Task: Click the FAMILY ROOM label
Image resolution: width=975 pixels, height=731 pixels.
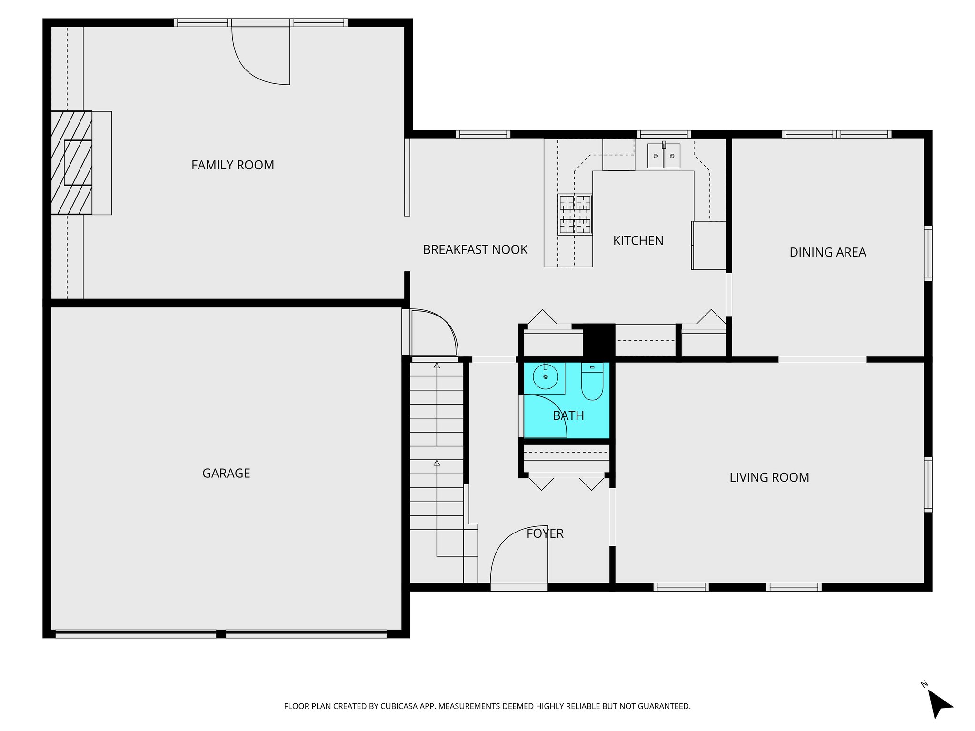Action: (x=232, y=165)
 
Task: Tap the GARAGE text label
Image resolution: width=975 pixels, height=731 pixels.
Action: (x=226, y=473)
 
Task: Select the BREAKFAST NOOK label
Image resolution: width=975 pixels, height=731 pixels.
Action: (x=475, y=250)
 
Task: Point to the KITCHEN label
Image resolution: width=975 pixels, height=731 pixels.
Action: (x=638, y=241)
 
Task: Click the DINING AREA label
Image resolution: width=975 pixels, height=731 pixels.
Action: (x=827, y=252)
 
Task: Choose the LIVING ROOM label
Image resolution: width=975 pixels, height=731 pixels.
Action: (x=769, y=477)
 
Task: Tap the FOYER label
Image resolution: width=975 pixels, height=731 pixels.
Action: (x=545, y=533)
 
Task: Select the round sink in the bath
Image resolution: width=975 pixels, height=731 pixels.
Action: (x=545, y=377)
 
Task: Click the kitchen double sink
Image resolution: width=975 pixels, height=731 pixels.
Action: (x=664, y=156)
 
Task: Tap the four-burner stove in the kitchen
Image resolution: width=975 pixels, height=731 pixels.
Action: (x=575, y=214)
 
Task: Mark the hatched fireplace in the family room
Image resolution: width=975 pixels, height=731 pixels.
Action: (x=71, y=163)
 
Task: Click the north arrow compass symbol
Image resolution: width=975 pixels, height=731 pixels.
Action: (x=938, y=703)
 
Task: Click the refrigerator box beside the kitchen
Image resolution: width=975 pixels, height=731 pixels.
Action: (x=709, y=245)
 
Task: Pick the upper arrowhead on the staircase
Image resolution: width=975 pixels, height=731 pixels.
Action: (x=437, y=365)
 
